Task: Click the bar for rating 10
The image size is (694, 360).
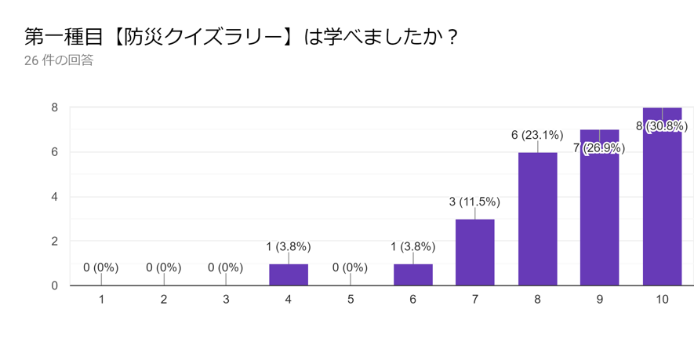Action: [662, 204]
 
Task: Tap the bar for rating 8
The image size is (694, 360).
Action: [537, 219]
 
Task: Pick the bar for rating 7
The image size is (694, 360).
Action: [474, 253]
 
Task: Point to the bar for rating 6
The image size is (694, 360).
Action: [412, 275]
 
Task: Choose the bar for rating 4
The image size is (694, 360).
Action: [289, 275]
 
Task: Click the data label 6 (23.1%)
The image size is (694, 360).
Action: [537, 135]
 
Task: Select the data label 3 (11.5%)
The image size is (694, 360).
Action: [474, 202]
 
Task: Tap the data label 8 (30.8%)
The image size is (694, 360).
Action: [662, 125]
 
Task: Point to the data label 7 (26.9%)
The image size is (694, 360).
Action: [599, 147]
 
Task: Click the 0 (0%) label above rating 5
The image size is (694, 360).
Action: [350, 267]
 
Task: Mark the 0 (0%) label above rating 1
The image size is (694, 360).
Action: [101, 267]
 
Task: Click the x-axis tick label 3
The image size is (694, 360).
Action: [226, 300]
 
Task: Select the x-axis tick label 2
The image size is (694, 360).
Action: [163, 300]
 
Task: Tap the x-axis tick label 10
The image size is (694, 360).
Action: [662, 300]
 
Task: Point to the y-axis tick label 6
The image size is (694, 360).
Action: [55, 152]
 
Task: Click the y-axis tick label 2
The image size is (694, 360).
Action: [55, 241]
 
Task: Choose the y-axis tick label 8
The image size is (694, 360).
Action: [55, 107]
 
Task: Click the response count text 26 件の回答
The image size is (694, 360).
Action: [59, 60]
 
